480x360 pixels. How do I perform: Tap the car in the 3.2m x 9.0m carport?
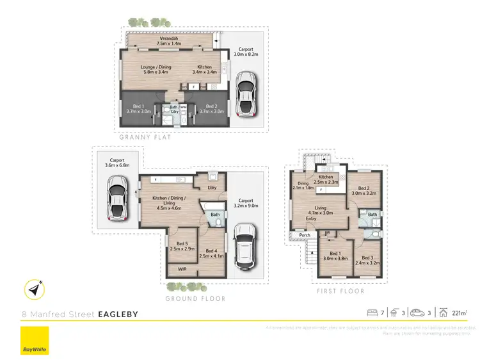(245, 247)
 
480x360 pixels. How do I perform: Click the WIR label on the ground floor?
(182, 270)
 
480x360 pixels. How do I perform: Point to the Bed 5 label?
(182, 245)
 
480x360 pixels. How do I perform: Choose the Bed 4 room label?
(211, 254)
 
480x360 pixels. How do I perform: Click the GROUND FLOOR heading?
(195, 299)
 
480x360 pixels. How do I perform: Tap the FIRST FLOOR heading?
(341, 291)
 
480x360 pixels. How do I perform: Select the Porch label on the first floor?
(305, 235)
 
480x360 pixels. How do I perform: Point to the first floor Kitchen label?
(326, 179)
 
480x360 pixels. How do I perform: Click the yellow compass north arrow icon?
(35, 290)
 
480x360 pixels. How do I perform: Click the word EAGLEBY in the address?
(118, 314)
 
